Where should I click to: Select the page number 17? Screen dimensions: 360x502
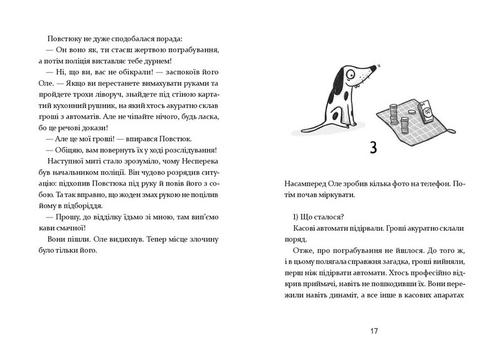coord(373,329)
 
